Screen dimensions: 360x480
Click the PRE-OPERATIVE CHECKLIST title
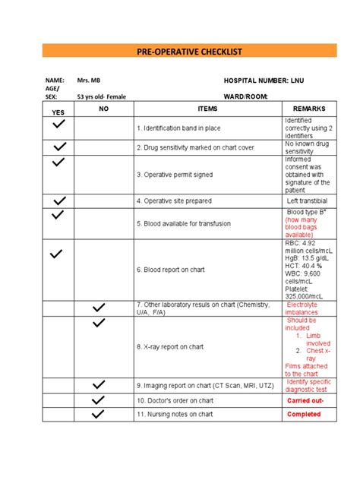[x=179, y=52]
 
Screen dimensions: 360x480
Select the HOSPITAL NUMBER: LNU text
[x=263, y=80]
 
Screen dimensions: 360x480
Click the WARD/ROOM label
[x=246, y=97]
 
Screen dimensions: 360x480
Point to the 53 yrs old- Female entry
[x=106, y=97]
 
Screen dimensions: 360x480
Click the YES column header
[x=58, y=112]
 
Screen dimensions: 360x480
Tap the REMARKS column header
[x=308, y=109]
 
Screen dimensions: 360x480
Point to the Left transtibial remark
[x=308, y=201]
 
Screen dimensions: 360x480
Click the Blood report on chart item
[x=170, y=269]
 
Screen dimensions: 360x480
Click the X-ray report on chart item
[x=170, y=347]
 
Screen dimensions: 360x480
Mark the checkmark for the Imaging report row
[x=97, y=385]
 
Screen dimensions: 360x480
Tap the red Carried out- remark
[x=305, y=399]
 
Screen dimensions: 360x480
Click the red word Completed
[x=305, y=415]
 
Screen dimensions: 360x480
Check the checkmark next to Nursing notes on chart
[x=97, y=415]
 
